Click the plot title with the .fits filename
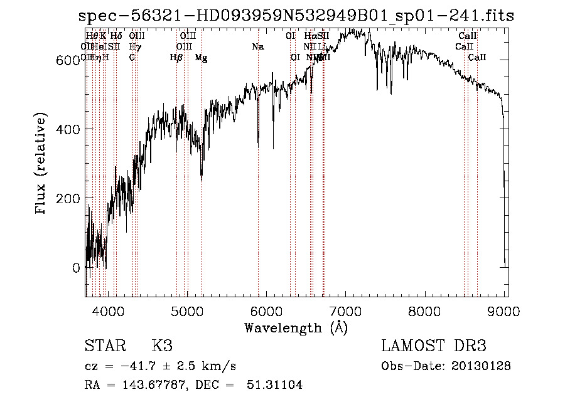(296, 16)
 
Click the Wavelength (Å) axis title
(296, 327)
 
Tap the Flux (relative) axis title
(42, 164)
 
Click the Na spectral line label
(258, 46)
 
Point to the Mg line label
(201, 58)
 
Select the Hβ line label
(176, 58)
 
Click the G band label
(132, 58)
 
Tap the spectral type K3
(161, 347)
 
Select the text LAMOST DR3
(434, 347)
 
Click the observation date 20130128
(482, 366)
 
